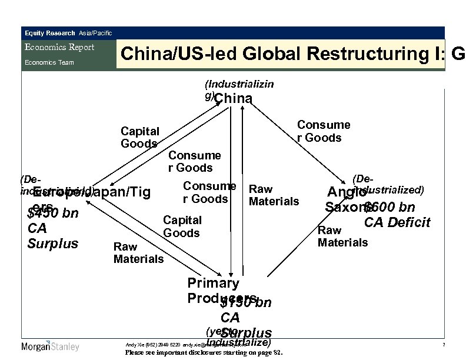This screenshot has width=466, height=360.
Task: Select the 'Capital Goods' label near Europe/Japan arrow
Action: coord(139,136)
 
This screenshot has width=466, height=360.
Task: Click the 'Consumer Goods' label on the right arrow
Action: coord(324,131)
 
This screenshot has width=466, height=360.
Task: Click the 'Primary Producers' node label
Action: coord(214,289)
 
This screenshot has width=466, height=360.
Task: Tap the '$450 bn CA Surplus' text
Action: coord(53,227)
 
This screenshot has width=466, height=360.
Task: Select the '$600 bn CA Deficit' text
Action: coord(395,215)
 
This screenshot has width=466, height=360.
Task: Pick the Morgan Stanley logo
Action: coord(50,346)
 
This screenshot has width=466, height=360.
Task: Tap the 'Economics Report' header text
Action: coord(59,48)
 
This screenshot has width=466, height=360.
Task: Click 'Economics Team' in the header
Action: coord(49,62)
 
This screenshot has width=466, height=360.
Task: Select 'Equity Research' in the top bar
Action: coord(49,33)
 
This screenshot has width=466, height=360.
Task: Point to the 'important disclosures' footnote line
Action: coord(204,353)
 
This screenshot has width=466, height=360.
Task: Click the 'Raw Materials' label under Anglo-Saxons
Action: coord(342,236)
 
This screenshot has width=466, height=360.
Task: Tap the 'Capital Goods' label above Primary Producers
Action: coord(182,226)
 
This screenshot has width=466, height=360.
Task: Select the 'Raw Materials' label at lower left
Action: coord(138,253)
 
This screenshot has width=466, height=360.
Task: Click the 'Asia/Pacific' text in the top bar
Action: coord(95,33)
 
